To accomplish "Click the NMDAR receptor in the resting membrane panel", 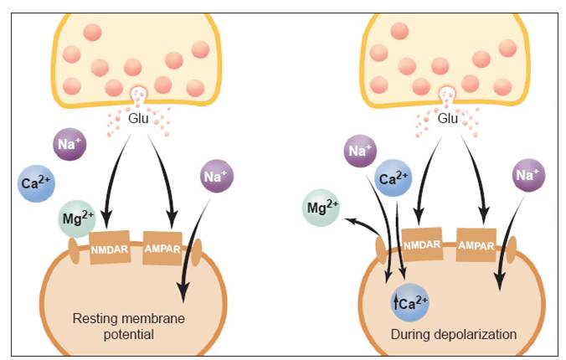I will [x=110, y=249].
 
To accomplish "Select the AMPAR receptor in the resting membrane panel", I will [x=162, y=249].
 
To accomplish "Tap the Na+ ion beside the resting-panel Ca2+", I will [x=70, y=145].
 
